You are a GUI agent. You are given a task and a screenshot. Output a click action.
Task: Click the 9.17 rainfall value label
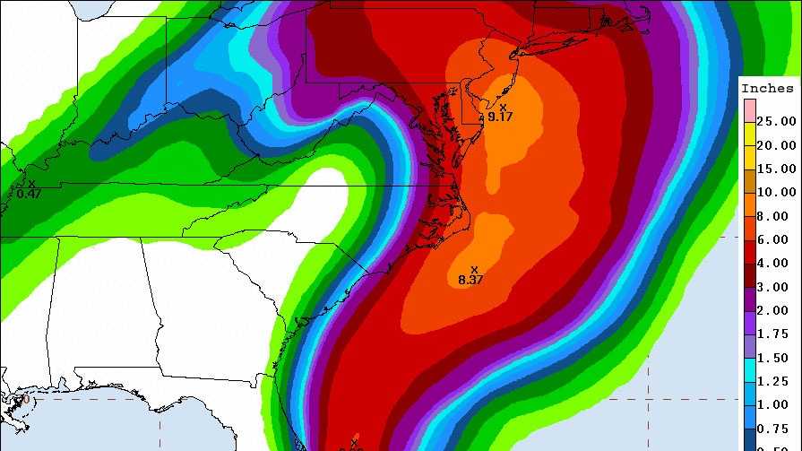(x=500, y=117)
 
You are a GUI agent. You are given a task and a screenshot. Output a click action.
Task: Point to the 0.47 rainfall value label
(x=29, y=193)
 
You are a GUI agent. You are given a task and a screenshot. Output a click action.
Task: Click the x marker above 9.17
(x=503, y=107)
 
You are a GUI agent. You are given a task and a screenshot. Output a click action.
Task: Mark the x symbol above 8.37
(x=474, y=269)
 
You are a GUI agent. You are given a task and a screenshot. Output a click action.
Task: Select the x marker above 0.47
(x=31, y=183)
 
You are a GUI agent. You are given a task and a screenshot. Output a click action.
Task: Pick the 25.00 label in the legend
(x=775, y=121)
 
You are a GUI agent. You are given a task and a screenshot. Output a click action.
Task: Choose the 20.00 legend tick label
(x=775, y=145)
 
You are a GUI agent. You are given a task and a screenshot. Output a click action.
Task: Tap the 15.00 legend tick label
(x=775, y=169)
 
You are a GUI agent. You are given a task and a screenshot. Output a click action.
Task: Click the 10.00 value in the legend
(x=775, y=192)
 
